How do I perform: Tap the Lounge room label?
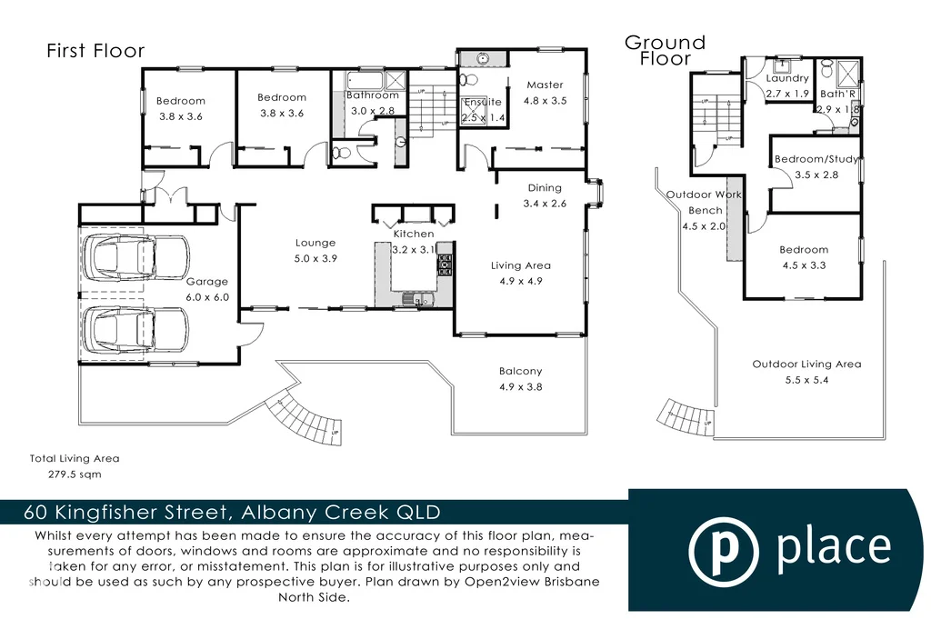(315, 243)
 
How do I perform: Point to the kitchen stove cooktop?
(445, 265)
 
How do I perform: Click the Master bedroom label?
(545, 85)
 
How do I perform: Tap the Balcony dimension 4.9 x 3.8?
(520, 386)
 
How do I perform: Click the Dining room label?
(545, 188)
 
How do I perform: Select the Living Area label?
(521, 265)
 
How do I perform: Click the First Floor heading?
(95, 51)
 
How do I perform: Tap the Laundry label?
(787, 79)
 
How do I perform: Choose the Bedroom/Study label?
(816, 159)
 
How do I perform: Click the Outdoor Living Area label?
(806, 364)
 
